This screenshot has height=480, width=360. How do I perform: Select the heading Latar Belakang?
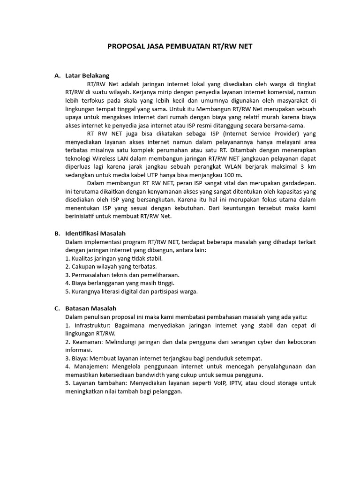pos(87,75)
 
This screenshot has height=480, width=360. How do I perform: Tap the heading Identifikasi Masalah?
pos(96,233)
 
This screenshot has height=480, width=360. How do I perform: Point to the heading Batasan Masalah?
pos(91,308)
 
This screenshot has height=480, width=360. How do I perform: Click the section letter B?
pos(57,233)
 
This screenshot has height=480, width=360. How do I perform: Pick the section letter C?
pos(57,308)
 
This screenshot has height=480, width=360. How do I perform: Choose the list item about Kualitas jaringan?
pos(114,258)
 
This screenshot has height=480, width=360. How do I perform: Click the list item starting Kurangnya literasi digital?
pos(131,292)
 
